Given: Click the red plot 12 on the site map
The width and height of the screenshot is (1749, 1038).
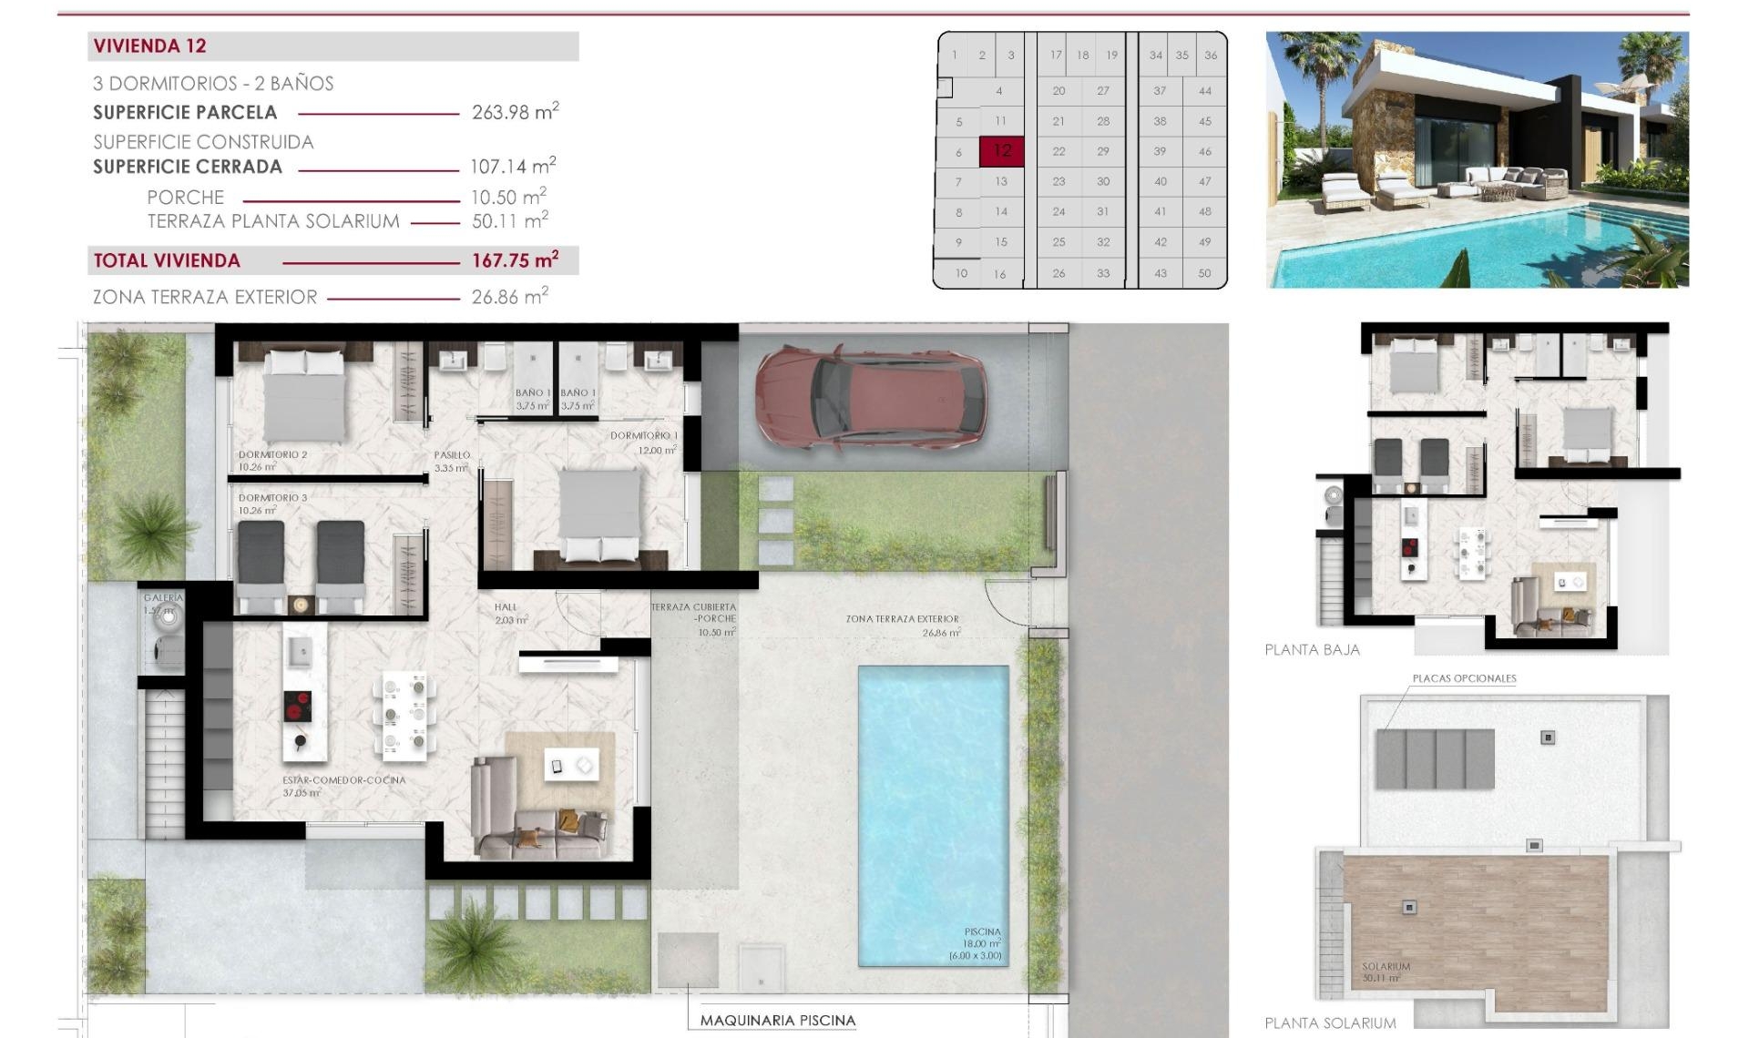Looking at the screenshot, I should (x=1001, y=151).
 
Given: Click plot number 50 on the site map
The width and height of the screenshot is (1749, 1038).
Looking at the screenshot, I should (x=1204, y=273).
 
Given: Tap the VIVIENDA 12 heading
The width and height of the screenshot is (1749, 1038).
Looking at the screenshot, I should (x=150, y=46).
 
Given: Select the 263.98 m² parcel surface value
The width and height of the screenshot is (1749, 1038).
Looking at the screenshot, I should (x=515, y=112).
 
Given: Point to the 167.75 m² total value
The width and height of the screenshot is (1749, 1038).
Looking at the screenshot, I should (x=515, y=260).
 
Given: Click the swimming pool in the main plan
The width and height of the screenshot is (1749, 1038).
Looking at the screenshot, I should (x=933, y=801).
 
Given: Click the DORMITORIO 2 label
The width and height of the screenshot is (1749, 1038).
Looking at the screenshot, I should (x=272, y=454).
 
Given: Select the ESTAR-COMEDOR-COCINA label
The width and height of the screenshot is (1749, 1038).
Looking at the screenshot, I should (x=343, y=780).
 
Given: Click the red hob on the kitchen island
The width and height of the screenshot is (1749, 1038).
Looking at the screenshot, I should (x=299, y=707).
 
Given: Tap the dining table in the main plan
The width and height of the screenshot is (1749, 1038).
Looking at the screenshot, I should (x=404, y=716).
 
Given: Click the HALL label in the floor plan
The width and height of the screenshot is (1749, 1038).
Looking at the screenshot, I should (x=506, y=607).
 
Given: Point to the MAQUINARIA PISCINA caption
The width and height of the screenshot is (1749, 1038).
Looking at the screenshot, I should (x=777, y=1021).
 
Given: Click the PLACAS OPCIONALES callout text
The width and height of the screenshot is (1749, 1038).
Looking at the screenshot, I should (x=1464, y=678).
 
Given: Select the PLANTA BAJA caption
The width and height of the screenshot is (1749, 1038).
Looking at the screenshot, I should (x=1312, y=649).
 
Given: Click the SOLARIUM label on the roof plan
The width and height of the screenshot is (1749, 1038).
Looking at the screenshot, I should (x=1386, y=967).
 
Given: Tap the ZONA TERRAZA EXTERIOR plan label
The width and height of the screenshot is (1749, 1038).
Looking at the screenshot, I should (x=902, y=619).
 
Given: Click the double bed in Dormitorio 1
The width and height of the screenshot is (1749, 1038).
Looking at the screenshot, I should (x=599, y=514).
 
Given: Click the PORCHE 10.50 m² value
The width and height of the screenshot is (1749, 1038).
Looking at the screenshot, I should (x=507, y=198).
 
